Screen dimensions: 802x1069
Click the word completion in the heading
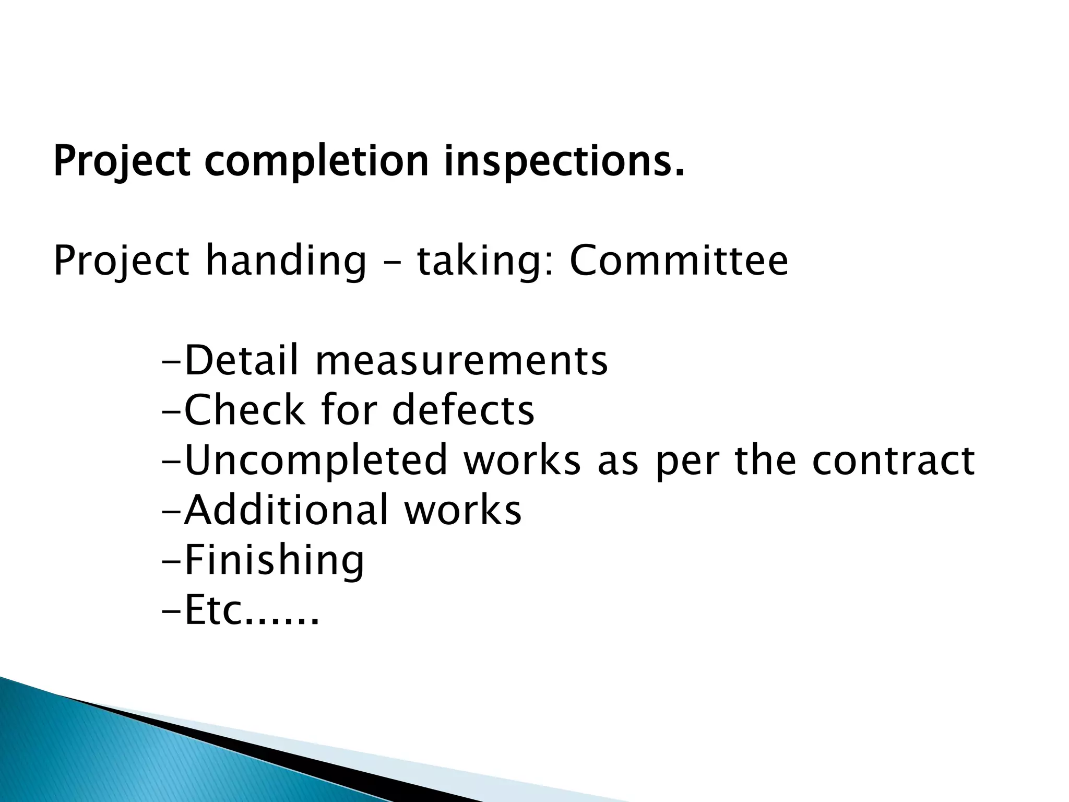click(x=317, y=161)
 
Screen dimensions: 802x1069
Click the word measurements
click(x=461, y=361)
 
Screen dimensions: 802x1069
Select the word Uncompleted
click(x=316, y=461)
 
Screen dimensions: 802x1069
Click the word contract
click(x=893, y=461)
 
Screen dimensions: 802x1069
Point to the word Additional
click(x=287, y=510)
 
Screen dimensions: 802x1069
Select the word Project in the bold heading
click(x=122, y=161)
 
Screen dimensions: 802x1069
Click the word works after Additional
click(x=463, y=510)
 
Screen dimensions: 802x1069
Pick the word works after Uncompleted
click(x=522, y=461)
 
